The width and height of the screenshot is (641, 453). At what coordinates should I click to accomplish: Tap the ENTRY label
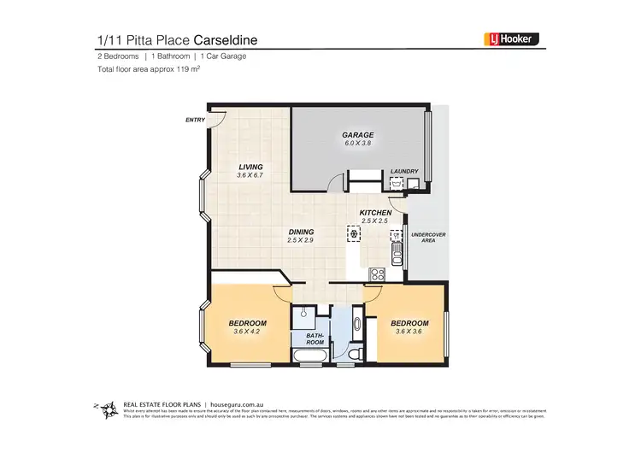pyautogui.click(x=195, y=120)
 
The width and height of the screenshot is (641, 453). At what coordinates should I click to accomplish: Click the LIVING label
pyautogui.click(x=250, y=167)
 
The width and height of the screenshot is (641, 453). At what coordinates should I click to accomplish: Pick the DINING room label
pyautogui.click(x=301, y=232)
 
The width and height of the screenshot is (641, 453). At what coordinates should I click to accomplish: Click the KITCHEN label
pyautogui.click(x=375, y=212)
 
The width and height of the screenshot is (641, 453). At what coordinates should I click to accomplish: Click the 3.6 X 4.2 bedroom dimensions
pyautogui.click(x=248, y=332)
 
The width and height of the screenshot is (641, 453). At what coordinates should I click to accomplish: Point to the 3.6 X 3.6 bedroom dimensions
pyautogui.click(x=409, y=332)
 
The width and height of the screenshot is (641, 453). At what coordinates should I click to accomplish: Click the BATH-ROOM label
pyautogui.click(x=316, y=340)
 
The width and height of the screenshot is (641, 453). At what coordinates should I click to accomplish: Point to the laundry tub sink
pyautogui.click(x=397, y=182)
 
